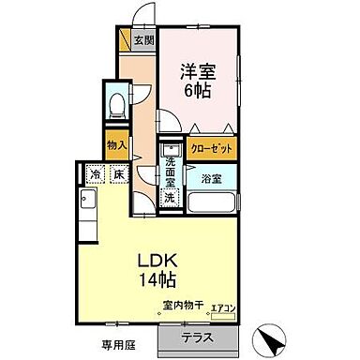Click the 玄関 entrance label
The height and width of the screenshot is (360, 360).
pyautogui.click(x=143, y=40)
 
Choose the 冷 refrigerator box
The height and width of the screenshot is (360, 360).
pyautogui.click(x=96, y=174)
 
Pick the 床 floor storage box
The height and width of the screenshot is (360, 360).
pyautogui.click(x=119, y=174)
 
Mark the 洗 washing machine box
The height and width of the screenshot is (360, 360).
pyautogui.click(x=170, y=198)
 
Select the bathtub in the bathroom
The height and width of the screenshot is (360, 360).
pyautogui.click(x=215, y=201)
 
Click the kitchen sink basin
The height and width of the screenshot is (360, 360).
pyautogui.click(x=86, y=200)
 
